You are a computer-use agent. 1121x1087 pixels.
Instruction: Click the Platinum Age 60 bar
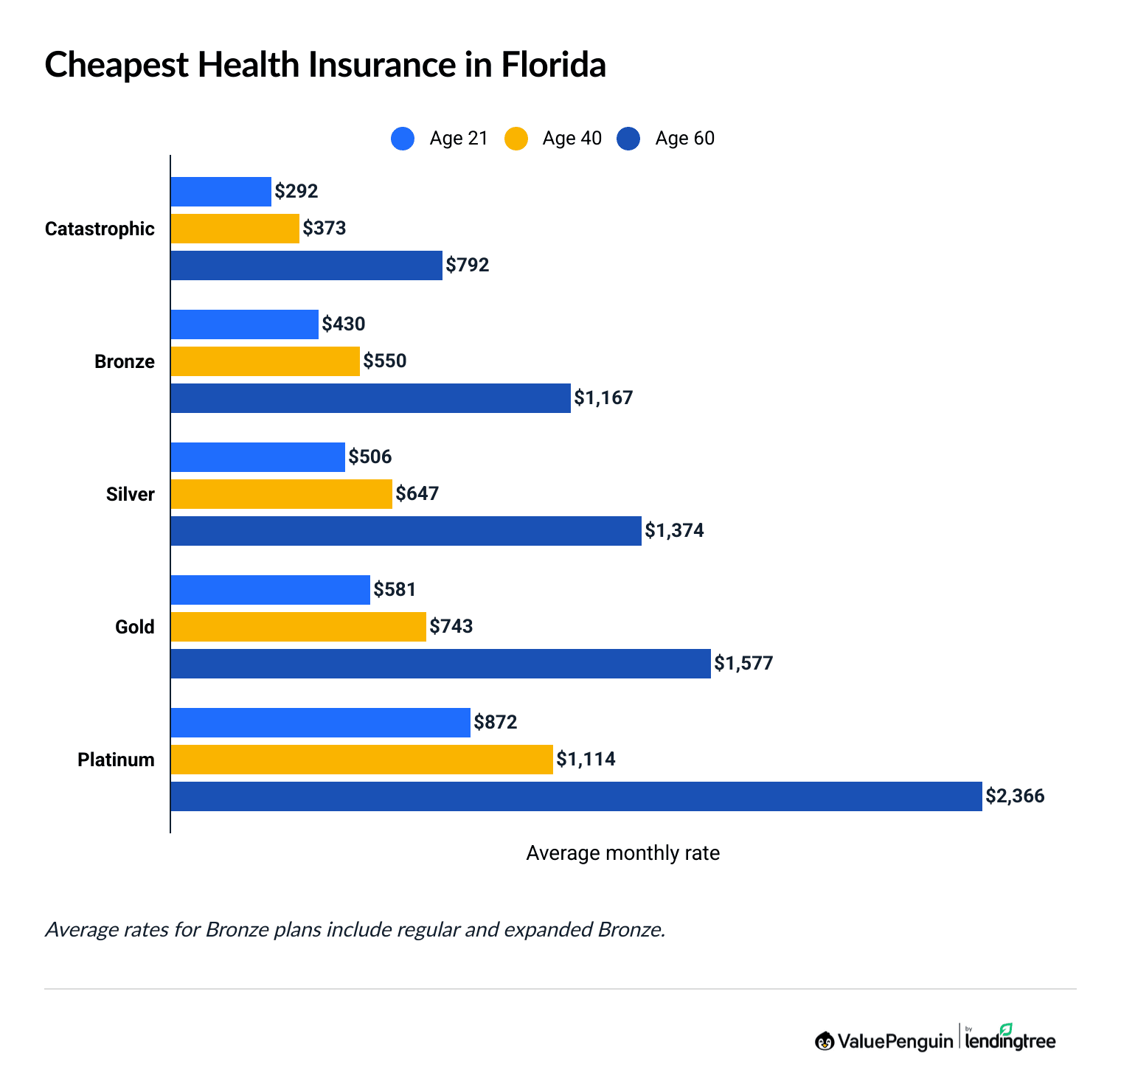coord(576,796)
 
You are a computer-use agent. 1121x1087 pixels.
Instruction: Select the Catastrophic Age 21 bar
coord(221,192)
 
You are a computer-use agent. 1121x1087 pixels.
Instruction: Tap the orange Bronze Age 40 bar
coord(265,361)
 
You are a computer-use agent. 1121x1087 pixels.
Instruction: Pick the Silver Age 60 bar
coord(406,531)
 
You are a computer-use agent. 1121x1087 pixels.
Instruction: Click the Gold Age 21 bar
coord(270,590)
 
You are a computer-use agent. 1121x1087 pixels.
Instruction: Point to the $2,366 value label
coord(1015,796)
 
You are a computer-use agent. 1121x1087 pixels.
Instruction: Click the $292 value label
coord(296,192)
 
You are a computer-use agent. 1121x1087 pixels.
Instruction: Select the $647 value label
coord(417,494)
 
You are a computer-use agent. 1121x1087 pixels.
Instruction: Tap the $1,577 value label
coord(743,664)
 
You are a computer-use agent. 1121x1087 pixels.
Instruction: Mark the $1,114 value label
coord(586,760)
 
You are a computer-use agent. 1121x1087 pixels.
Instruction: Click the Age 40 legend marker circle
coord(516,139)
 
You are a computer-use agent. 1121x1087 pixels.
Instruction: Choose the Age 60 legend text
coord(684,139)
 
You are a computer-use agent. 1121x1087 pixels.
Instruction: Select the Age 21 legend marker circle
coord(403,139)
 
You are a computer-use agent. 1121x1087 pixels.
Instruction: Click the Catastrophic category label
coord(100,229)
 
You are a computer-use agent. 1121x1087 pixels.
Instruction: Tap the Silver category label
coord(130,495)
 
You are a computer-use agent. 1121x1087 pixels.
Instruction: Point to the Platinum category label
coord(116,760)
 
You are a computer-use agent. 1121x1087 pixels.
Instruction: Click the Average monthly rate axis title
coord(622,853)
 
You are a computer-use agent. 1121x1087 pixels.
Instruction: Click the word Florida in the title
coord(553,65)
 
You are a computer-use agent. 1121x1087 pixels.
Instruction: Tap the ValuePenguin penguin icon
coord(825,1041)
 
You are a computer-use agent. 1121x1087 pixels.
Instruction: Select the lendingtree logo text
coord(1010,1041)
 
